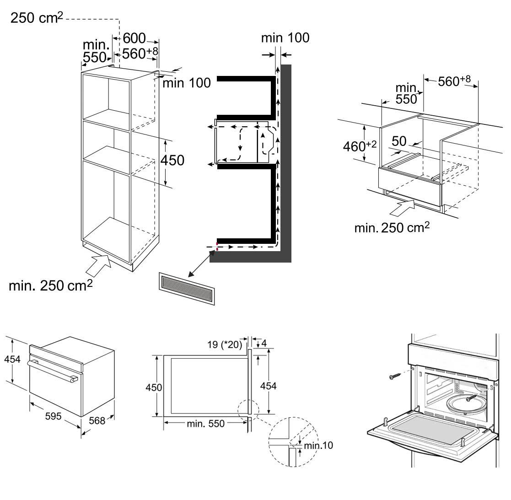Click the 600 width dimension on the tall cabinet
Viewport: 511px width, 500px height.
(x=134, y=38)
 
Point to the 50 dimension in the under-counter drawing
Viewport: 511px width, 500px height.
(x=399, y=141)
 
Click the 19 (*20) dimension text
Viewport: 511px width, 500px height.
(x=224, y=344)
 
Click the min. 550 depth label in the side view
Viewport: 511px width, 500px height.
(x=206, y=424)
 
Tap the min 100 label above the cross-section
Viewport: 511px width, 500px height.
(x=285, y=38)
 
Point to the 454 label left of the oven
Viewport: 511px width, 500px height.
(x=12, y=360)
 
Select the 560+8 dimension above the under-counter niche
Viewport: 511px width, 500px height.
(x=454, y=81)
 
